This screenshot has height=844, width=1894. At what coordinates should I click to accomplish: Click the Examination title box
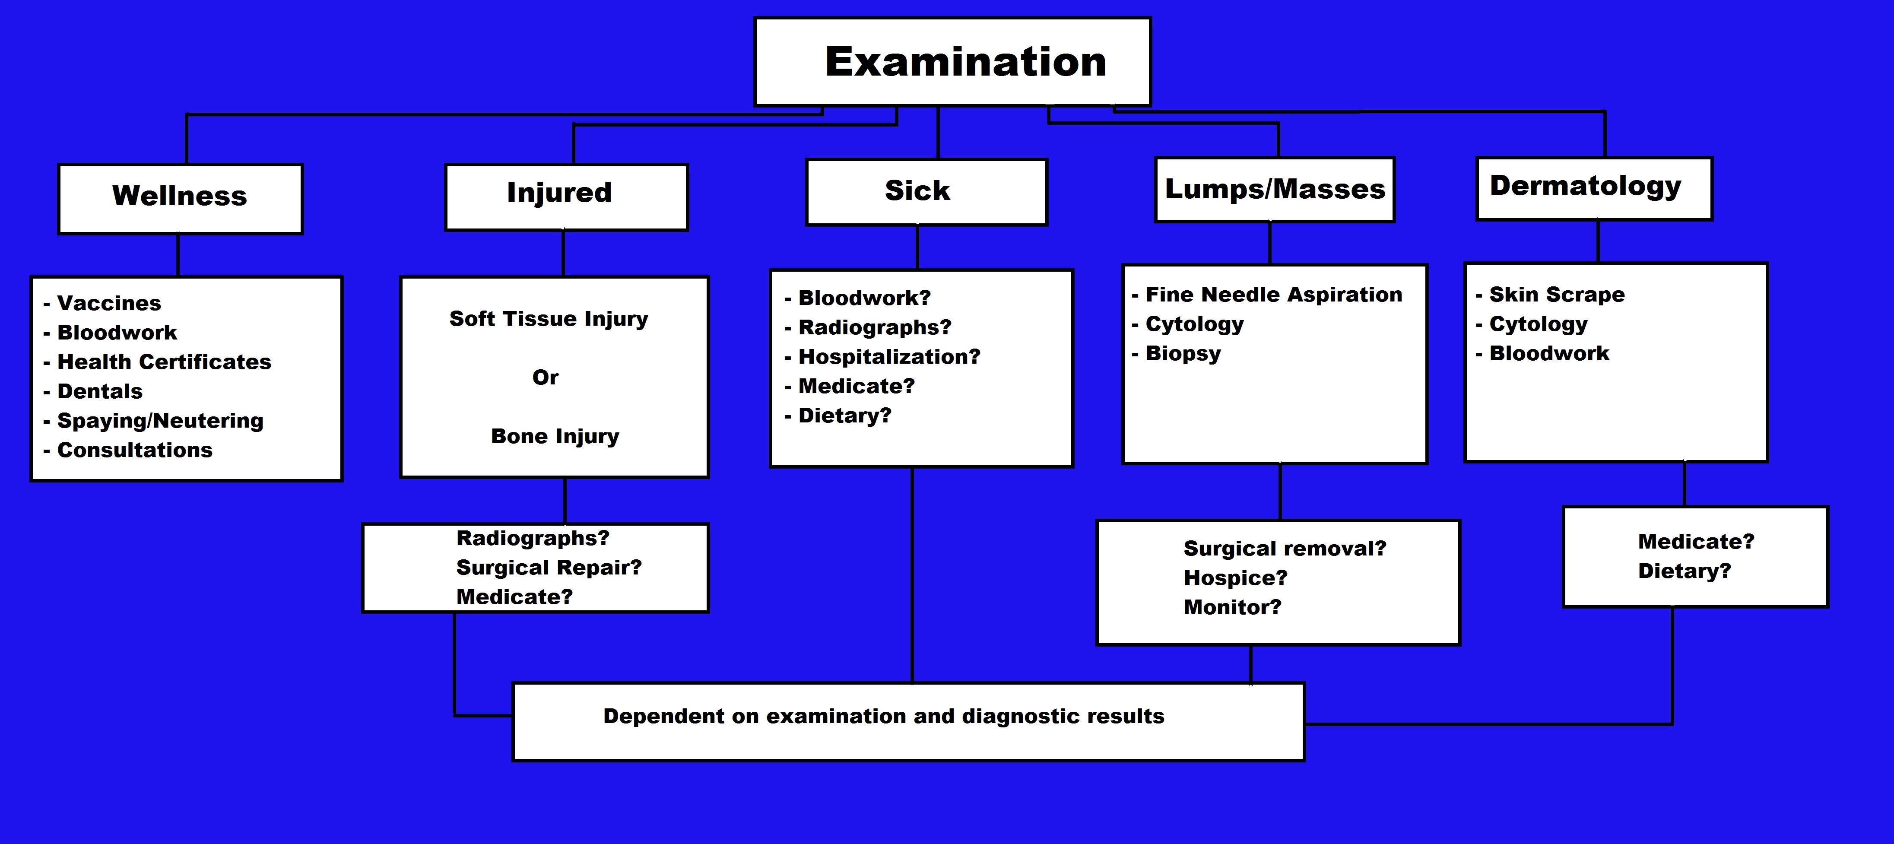(952, 62)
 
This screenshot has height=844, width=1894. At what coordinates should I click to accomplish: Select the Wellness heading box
(180, 199)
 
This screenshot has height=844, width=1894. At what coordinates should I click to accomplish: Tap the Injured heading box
(566, 197)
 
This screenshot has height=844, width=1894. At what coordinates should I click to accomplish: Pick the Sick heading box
(926, 192)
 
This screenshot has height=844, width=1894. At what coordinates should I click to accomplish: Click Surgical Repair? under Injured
(549, 568)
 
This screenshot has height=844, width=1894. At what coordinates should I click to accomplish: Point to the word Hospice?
(1235, 578)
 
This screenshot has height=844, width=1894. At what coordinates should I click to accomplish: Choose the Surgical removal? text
(1285, 549)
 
